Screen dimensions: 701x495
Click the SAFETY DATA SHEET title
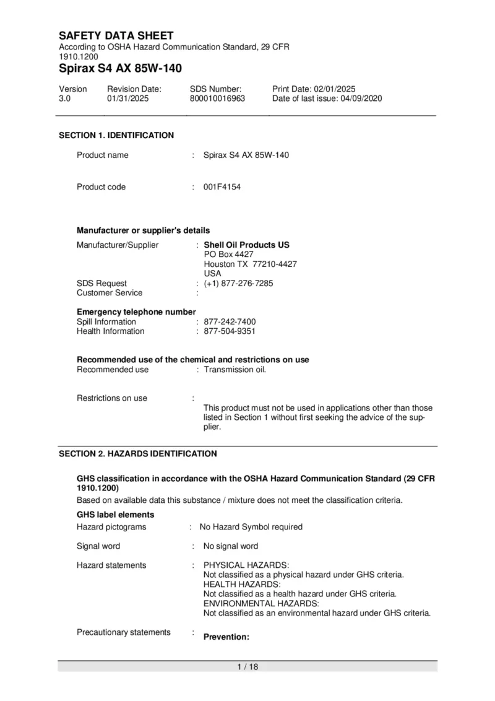(116, 36)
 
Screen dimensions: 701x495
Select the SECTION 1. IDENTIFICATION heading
(116, 135)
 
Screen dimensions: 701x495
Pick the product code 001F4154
(222, 187)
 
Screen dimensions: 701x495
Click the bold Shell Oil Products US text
(246, 245)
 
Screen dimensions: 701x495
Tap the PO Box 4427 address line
(228, 255)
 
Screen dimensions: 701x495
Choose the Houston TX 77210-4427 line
(250, 264)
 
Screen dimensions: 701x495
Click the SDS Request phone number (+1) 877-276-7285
(238, 284)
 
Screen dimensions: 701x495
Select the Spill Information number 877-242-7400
(230, 322)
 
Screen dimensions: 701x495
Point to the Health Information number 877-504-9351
(230, 331)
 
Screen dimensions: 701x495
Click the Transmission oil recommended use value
(235, 370)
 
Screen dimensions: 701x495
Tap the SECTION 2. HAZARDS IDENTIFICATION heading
(138, 454)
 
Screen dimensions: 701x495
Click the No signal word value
(231, 546)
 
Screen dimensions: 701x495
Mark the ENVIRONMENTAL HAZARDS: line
(261, 603)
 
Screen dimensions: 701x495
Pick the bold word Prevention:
(226, 637)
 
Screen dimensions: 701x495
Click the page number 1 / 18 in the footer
(247, 667)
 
